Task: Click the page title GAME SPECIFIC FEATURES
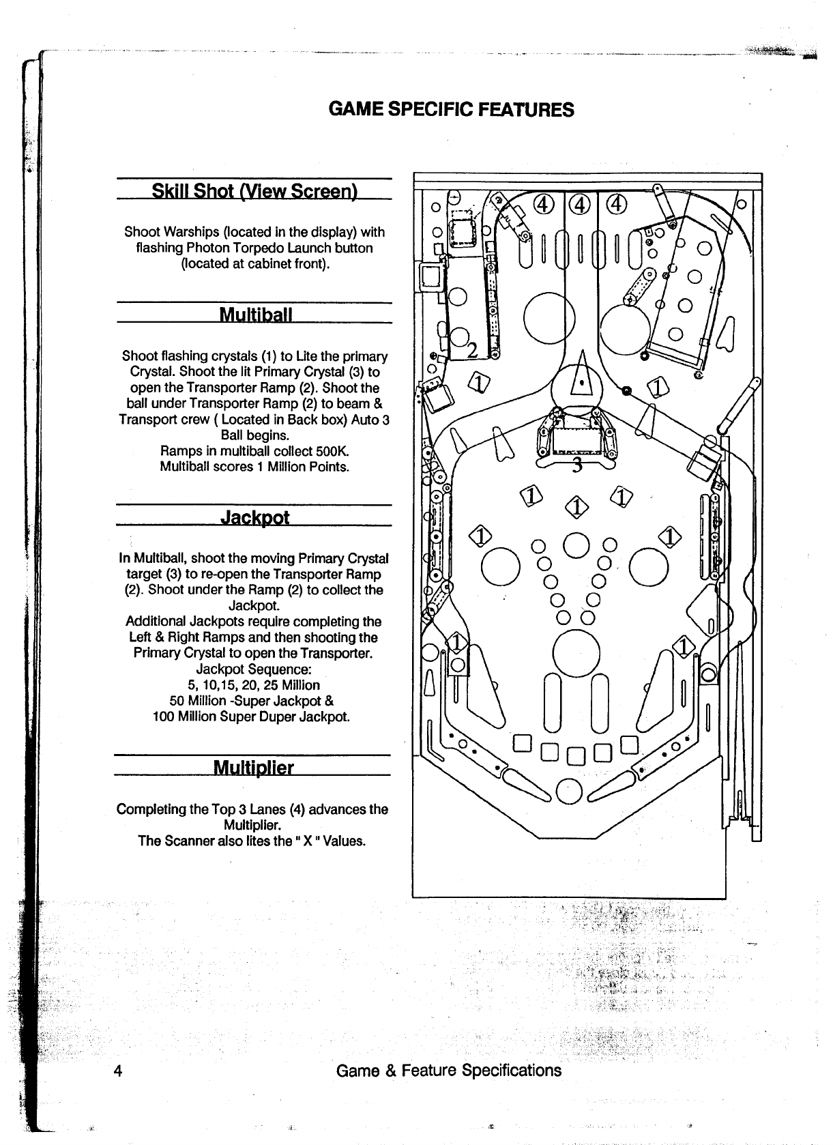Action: [x=451, y=109]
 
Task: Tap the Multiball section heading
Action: [x=255, y=315]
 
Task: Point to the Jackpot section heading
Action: [x=255, y=517]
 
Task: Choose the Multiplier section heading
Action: [x=253, y=768]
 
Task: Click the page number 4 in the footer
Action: [x=118, y=1070]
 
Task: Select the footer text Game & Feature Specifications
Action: [x=449, y=1070]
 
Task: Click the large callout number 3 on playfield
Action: [x=577, y=465]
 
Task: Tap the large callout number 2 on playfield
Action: [x=471, y=351]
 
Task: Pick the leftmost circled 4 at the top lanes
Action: [x=543, y=204]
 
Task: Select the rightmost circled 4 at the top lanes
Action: [x=616, y=204]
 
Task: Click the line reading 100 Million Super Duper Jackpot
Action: [x=252, y=716]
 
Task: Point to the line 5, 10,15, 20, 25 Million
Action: [x=254, y=684]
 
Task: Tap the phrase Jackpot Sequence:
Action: [x=254, y=669]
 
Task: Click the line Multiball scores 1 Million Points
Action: [x=254, y=467]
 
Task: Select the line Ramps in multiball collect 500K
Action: [x=254, y=451]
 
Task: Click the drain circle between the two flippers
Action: [x=570, y=791]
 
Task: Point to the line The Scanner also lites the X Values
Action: [x=252, y=841]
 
